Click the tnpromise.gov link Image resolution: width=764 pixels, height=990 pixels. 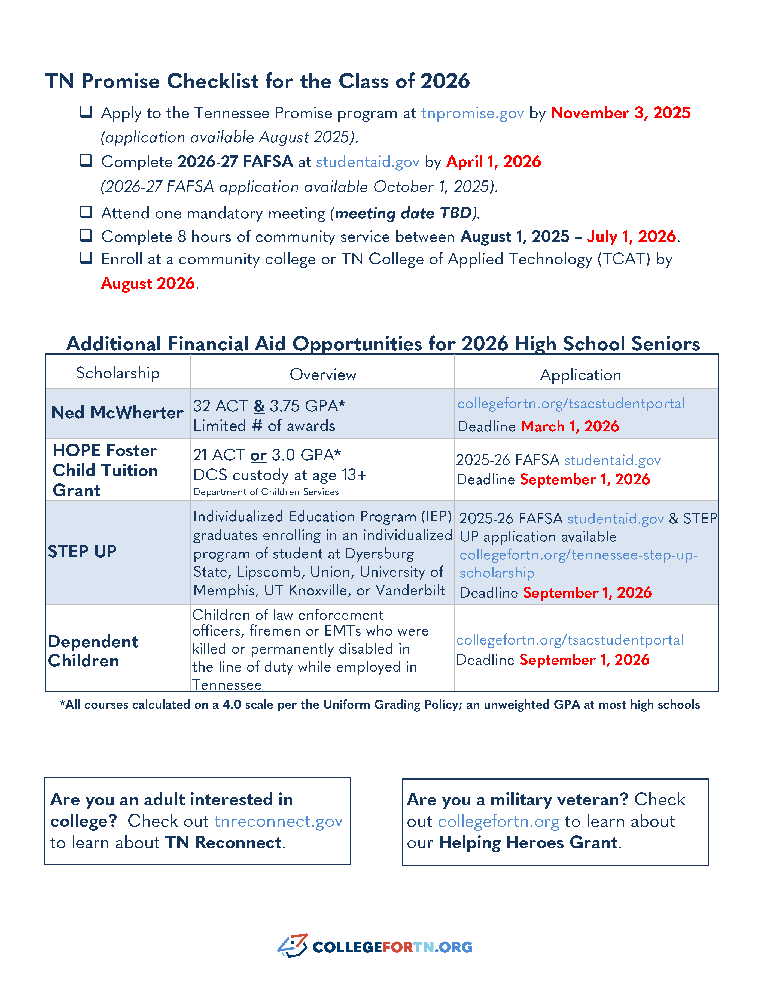pyautogui.click(x=472, y=113)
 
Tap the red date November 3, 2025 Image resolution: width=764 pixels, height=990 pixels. pyautogui.click(x=620, y=113)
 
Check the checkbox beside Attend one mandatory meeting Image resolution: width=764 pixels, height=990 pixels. pyautogui.click(x=86, y=212)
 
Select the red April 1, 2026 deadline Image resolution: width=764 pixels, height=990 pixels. pyautogui.click(x=493, y=161)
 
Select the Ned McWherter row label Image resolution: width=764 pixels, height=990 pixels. pyautogui.click(x=117, y=413)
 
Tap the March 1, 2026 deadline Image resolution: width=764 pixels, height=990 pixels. pyautogui.click(x=570, y=426)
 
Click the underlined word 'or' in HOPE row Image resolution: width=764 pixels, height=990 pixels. pyautogui.click(x=258, y=455)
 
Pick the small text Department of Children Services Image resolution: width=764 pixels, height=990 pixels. pyautogui.click(x=266, y=492)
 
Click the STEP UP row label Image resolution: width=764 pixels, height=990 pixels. pyautogui.click(x=83, y=552)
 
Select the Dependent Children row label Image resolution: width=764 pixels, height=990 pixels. pyautogui.click(x=93, y=651)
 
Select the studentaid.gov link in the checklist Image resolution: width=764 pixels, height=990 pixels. pyautogui.click(x=367, y=162)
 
